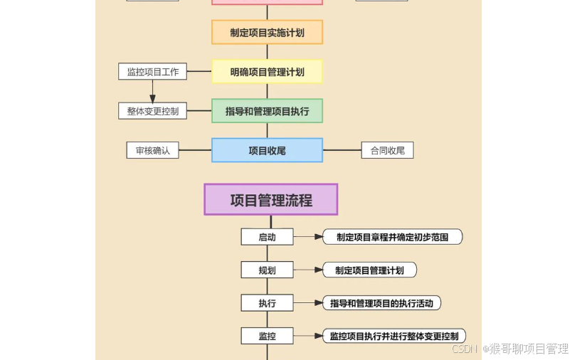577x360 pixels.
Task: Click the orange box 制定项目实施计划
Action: tap(267, 32)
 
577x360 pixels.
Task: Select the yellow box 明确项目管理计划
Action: tap(267, 71)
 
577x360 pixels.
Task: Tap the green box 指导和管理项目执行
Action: tap(267, 111)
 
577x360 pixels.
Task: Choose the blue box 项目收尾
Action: tap(267, 150)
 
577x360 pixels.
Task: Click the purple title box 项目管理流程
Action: tap(270, 199)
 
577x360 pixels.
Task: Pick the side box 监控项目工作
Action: tap(152, 71)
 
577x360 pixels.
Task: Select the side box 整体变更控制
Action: tap(152, 111)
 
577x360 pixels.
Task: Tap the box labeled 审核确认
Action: tap(152, 150)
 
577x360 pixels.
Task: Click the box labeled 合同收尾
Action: tap(387, 150)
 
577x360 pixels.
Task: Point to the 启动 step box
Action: tap(267, 237)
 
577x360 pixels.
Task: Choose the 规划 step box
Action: tap(267, 270)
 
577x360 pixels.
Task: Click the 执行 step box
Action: tap(267, 303)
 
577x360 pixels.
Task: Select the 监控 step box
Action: tap(267, 336)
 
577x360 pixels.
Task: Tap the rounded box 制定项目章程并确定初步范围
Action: tap(392, 237)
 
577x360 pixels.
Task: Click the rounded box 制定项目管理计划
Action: tap(369, 270)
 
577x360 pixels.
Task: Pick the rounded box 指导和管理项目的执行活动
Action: tap(382, 303)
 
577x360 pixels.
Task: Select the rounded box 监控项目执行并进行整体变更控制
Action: tap(394, 336)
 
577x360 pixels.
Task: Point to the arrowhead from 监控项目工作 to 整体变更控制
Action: tap(152, 99)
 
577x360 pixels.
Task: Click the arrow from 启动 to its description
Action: tap(309, 237)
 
